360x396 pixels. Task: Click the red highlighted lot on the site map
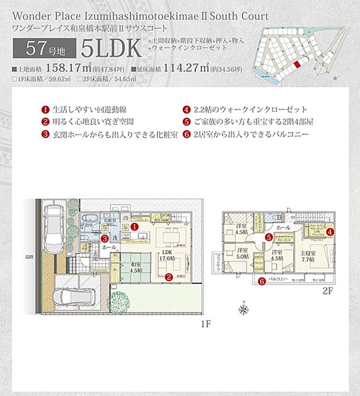298,66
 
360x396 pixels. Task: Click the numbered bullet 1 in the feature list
44,110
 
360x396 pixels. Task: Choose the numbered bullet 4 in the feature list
186,110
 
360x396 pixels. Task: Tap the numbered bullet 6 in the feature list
186,134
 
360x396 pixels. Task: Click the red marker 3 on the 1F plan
105,237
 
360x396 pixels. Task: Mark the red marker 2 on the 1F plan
168,278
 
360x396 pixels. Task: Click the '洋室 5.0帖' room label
243,255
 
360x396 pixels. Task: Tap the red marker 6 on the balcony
262,282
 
